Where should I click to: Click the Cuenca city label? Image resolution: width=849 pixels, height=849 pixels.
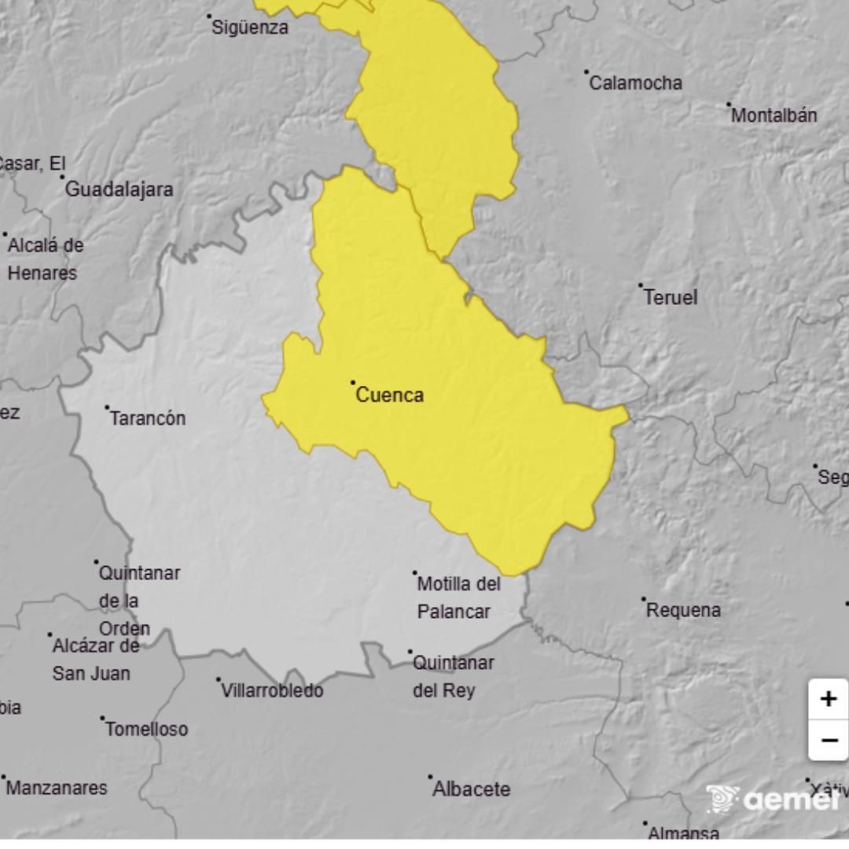389,395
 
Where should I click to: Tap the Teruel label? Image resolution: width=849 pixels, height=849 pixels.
670,297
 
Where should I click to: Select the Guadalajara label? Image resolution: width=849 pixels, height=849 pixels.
119,189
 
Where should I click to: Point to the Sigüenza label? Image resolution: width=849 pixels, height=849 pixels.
251,28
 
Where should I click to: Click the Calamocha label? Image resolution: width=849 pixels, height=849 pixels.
635,83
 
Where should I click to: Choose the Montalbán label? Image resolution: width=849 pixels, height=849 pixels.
774,116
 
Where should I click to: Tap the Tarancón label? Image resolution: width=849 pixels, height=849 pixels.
148,418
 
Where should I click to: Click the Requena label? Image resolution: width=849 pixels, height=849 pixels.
682,610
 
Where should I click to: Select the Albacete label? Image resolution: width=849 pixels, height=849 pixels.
471,788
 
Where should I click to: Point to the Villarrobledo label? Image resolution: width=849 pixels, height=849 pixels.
272,691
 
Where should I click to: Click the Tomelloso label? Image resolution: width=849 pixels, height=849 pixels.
146,730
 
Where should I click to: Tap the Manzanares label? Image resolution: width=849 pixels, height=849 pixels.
57,788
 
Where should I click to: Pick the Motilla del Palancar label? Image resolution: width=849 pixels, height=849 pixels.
458,597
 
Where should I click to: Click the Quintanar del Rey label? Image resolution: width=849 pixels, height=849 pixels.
453,677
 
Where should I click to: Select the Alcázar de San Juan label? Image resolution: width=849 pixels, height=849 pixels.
94,660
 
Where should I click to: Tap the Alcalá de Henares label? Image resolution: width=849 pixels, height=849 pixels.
44,259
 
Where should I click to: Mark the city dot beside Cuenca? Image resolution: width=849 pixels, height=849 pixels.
353,383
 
